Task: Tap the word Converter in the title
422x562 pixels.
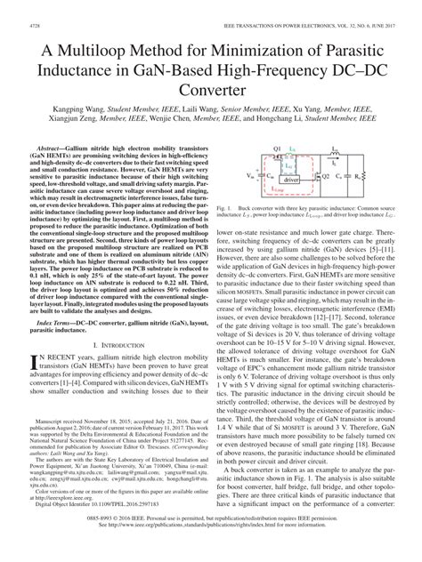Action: pos(211,90)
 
